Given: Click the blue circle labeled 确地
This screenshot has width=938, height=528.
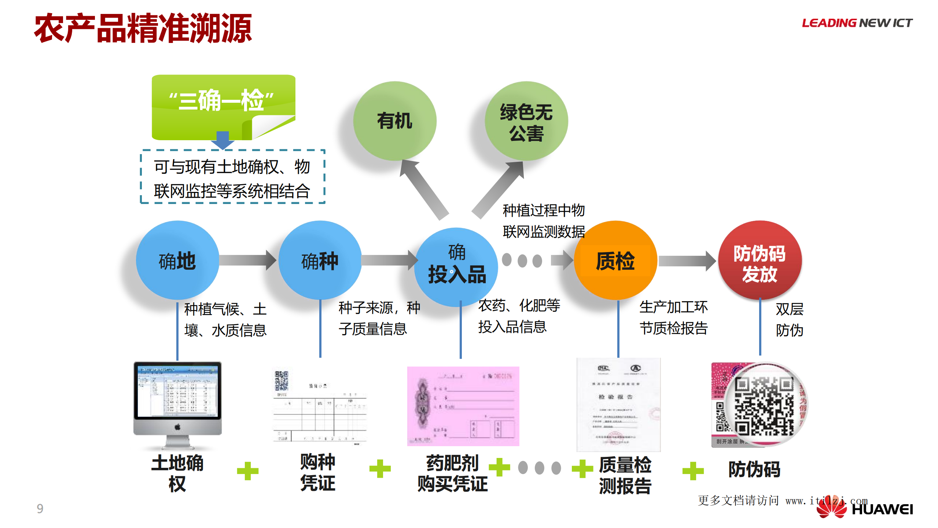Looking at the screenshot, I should click(x=177, y=261).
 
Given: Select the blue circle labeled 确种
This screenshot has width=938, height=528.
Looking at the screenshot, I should click(x=320, y=261).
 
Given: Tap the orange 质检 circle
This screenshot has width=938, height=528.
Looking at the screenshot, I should click(x=615, y=261).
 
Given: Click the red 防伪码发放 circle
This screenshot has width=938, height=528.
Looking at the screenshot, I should click(x=759, y=261).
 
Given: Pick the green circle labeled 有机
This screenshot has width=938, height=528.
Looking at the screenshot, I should click(x=395, y=121).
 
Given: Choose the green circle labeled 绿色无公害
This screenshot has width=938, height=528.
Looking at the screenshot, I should click(x=526, y=121).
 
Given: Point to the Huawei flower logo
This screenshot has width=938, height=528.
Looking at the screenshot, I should click(x=831, y=508).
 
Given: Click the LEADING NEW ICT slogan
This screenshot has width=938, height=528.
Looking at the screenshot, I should click(x=857, y=23).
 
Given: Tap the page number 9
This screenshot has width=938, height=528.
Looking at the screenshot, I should click(x=40, y=509).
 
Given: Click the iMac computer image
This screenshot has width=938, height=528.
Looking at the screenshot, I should click(x=177, y=404).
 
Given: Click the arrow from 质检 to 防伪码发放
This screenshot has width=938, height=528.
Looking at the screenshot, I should click(x=687, y=261).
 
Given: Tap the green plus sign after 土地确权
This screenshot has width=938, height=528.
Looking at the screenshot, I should click(x=248, y=471).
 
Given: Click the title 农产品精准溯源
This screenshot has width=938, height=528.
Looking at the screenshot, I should click(x=143, y=28).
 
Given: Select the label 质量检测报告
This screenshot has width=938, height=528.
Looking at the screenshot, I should click(x=625, y=476).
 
